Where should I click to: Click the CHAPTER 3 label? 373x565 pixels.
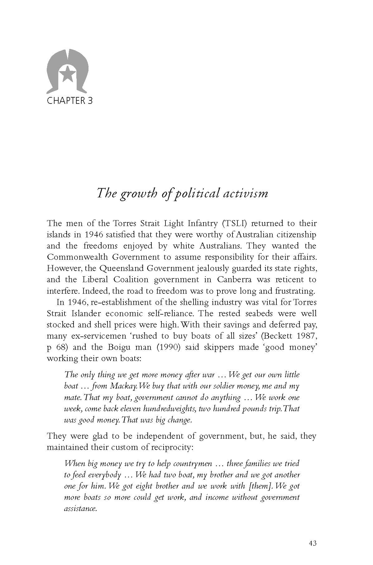69,101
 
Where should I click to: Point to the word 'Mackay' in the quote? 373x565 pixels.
125,386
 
